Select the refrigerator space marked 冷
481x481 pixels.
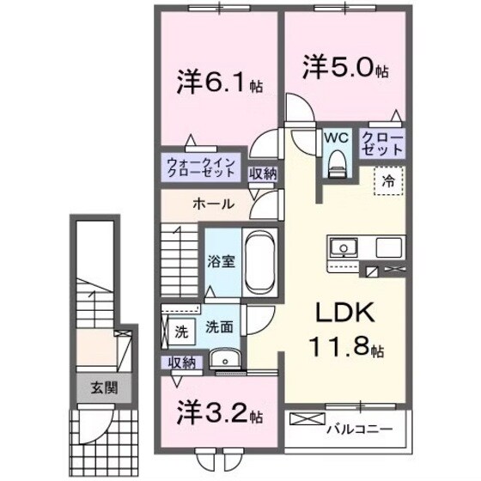pos(388,180)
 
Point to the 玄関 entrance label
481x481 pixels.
pos(102,388)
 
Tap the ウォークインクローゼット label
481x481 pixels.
pos(201,167)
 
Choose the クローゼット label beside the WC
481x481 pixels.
pos(381,143)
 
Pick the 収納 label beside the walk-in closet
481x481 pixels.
pos(263,173)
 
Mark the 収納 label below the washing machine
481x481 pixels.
pos(182,362)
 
